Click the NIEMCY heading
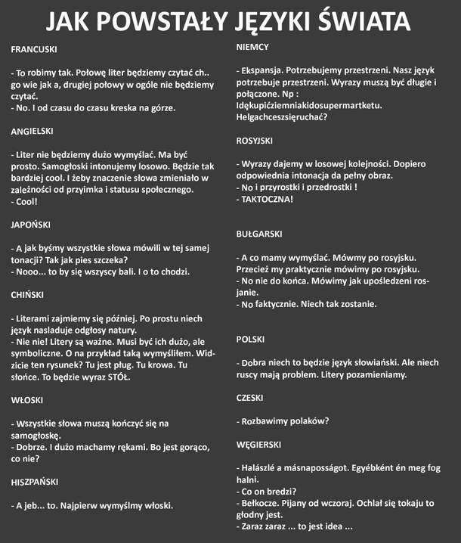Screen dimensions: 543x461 point(253,47)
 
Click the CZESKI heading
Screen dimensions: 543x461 point(251,398)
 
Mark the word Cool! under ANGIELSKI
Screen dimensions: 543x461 point(27,202)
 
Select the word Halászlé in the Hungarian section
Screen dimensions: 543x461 point(261,468)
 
